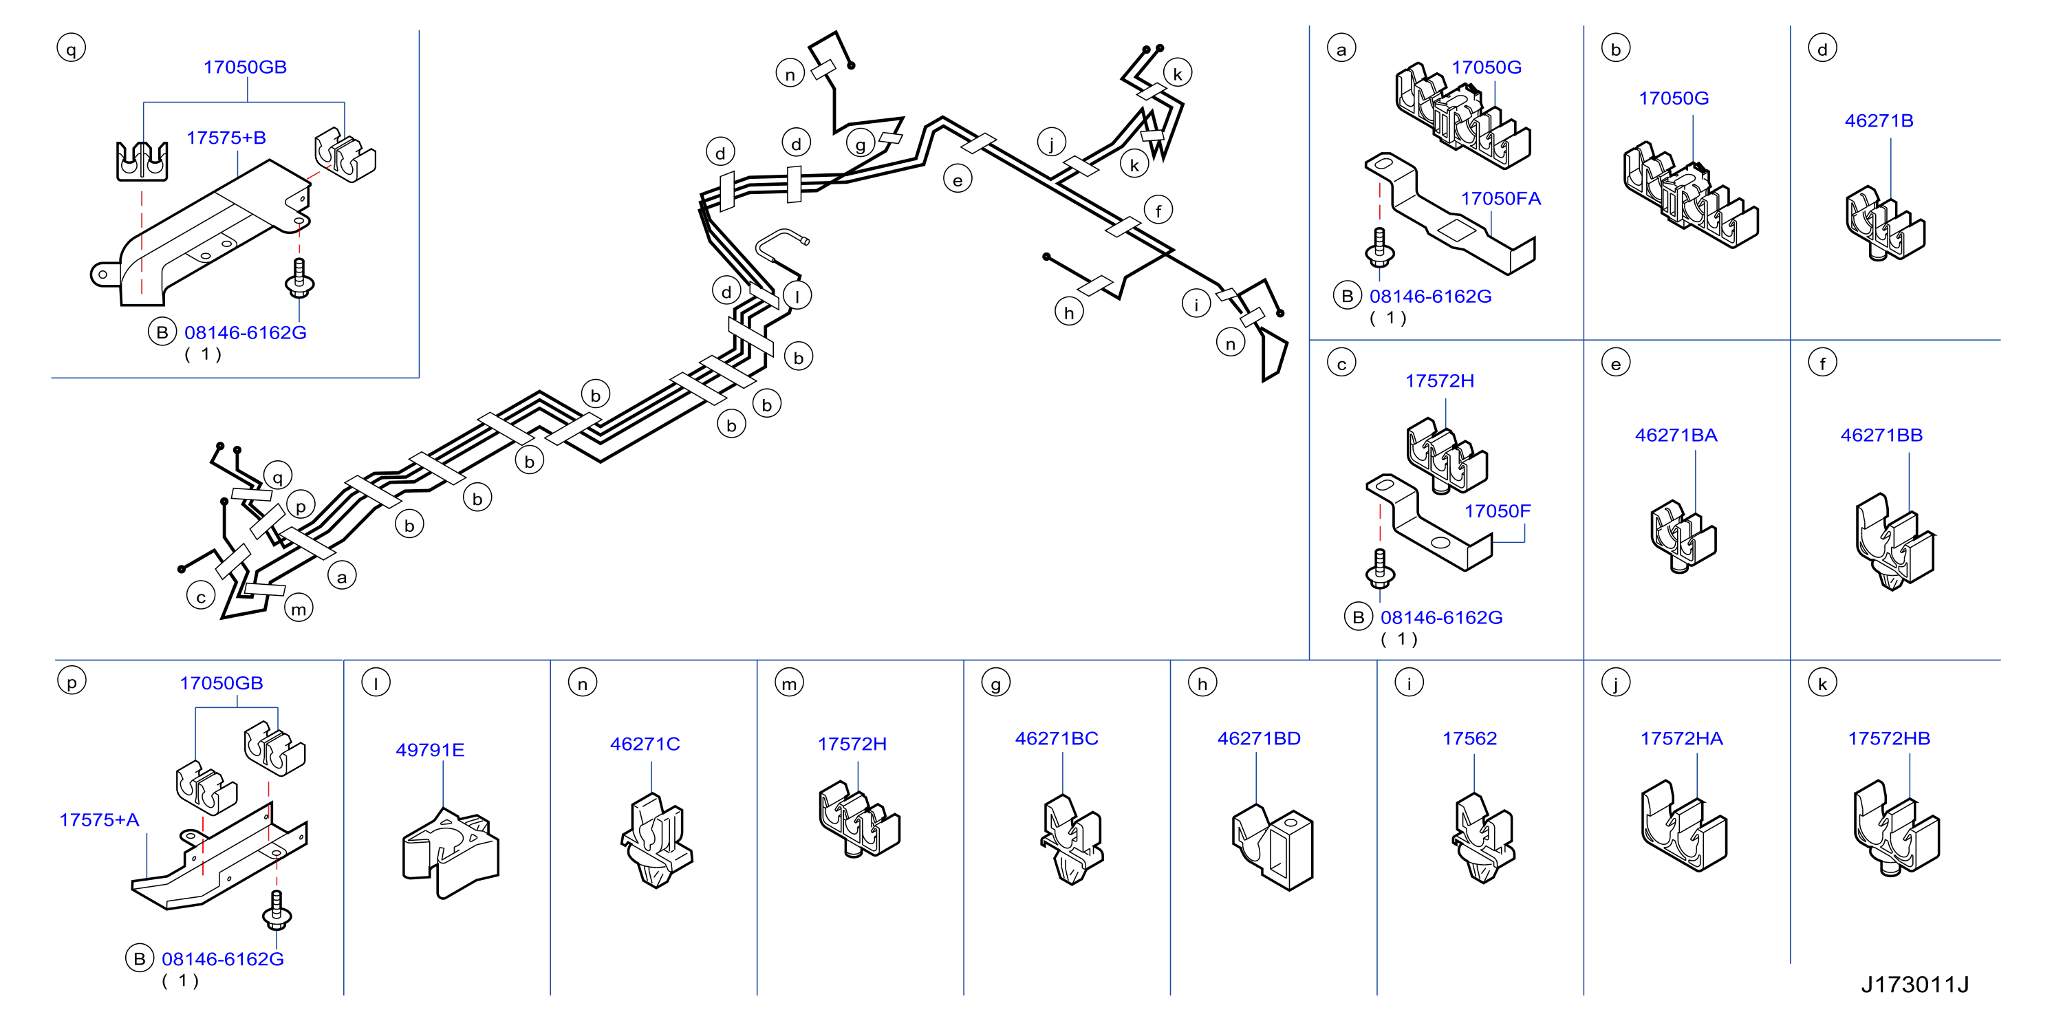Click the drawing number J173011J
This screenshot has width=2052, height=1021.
point(1914,985)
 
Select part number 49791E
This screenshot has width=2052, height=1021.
point(429,749)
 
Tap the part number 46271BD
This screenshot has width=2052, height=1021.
point(1259,738)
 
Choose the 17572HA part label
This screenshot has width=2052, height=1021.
point(1682,738)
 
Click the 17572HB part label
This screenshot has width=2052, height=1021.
point(1889,738)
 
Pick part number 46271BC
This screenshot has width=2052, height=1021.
point(1057,738)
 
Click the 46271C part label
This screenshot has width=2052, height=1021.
point(645,744)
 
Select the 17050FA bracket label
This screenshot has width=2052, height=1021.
point(1501,198)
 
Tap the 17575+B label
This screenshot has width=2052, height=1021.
point(226,138)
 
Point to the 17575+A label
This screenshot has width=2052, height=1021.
point(100,819)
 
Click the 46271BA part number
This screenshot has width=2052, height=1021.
point(1676,435)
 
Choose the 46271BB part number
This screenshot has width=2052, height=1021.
point(1881,435)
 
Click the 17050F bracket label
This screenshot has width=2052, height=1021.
point(1497,510)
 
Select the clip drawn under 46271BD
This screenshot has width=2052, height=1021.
point(1271,846)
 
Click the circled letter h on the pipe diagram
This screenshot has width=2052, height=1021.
point(1069,312)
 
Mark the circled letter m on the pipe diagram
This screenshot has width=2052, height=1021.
point(299,608)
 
